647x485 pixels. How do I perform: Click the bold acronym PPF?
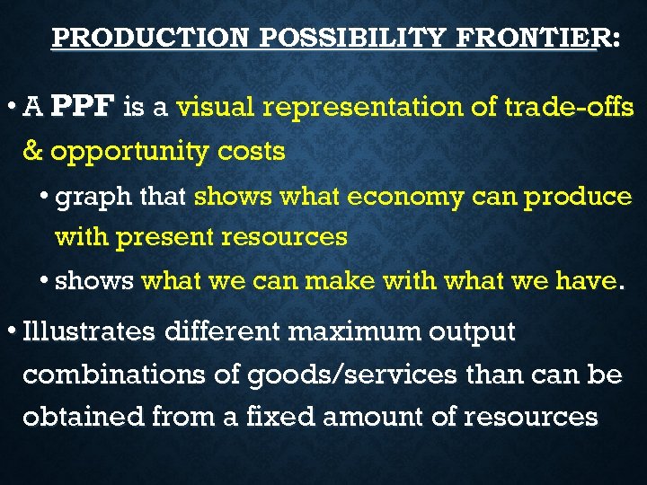click(83, 108)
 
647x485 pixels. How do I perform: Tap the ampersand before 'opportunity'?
click(32, 151)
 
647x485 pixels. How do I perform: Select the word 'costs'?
click(252, 151)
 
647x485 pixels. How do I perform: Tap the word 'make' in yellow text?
click(341, 281)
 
